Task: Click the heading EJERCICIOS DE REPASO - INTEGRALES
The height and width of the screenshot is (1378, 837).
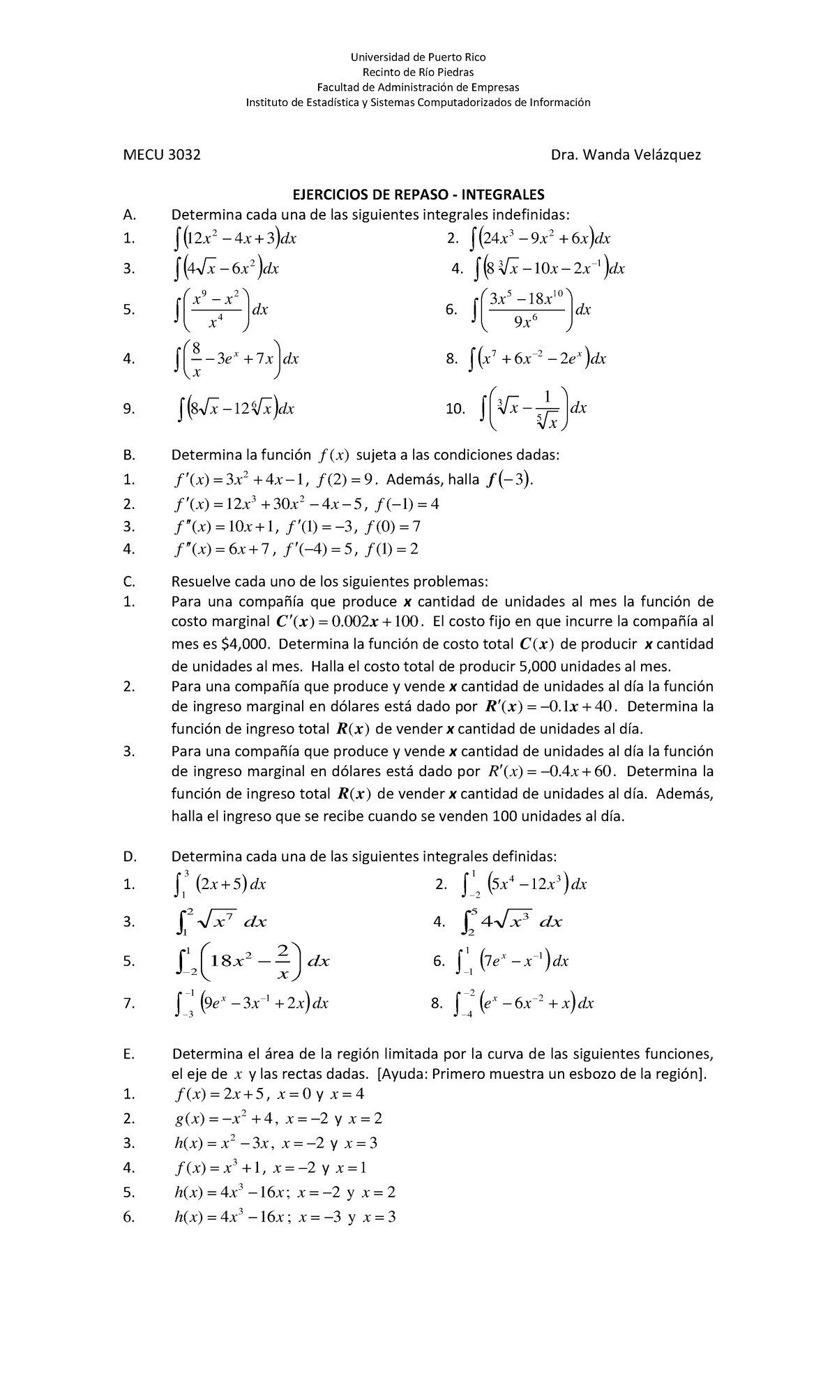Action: pyautogui.click(x=418, y=195)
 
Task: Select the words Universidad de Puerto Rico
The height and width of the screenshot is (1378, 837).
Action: pyautogui.click(x=418, y=57)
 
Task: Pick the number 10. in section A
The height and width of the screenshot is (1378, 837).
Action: pyautogui.click(x=455, y=409)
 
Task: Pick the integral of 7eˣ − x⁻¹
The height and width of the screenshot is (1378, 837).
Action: pyautogui.click(x=515, y=962)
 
